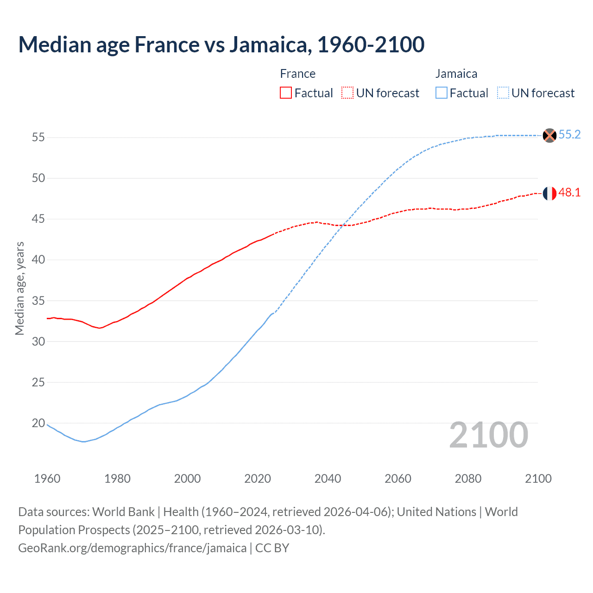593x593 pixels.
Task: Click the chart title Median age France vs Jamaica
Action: tap(221, 44)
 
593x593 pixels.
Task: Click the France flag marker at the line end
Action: tap(549, 193)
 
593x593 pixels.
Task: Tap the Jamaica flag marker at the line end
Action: tap(549, 135)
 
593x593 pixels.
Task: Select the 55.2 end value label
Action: tap(569, 135)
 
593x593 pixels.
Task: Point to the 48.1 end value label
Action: tap(569, 193)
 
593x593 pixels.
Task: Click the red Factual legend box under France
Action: tap(286, 93)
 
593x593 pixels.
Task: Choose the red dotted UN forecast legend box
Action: tap(347, 93)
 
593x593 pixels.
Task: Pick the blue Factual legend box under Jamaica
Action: tap(442, 93)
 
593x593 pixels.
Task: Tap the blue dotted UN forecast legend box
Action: tap(503, 93)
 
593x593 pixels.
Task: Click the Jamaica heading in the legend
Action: tap(456, 74)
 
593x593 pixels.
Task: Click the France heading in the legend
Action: tap(297, 74)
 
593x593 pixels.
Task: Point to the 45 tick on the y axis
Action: tap(38, 219)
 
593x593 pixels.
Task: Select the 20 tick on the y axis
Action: tap(38, 423)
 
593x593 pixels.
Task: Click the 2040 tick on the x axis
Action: tap(328, 479)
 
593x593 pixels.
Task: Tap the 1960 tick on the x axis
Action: tap(47, 479)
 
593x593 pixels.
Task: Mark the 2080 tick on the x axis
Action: tap(468, 479)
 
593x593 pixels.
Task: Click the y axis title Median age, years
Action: tap(19, 288)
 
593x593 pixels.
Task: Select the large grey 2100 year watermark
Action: tap(488, 435)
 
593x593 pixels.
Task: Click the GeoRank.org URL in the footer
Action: tap(132, 548)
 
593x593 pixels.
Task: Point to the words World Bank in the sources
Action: tap(123, 512)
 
